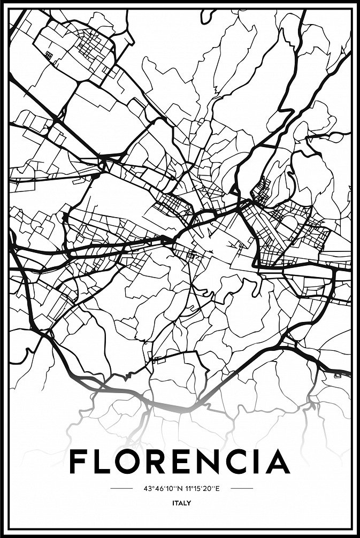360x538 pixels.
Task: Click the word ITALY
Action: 182,503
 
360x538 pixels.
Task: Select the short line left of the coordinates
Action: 121,488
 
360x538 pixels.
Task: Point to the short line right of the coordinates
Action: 242,488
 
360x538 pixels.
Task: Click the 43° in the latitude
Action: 148,488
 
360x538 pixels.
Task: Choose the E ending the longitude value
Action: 219,488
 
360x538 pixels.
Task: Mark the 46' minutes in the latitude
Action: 157,488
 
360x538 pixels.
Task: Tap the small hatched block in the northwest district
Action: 49,55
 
